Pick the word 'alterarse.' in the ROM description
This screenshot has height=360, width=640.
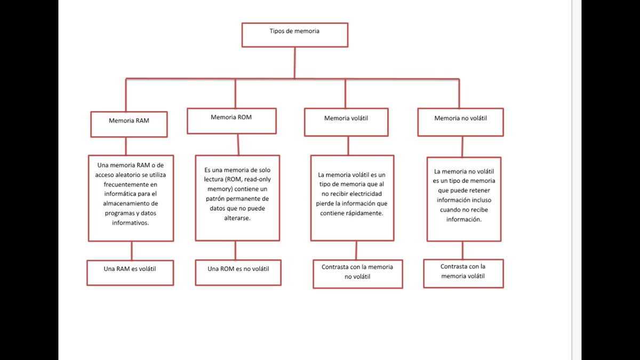[237, 218]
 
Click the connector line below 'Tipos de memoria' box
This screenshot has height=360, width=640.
[295, 62]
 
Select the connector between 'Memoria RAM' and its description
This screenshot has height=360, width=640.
[126, 146]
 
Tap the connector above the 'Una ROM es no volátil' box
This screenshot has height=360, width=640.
[235, 250]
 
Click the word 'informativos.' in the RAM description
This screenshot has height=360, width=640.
[130, 223]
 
